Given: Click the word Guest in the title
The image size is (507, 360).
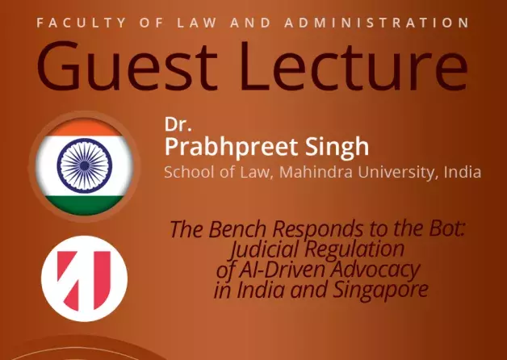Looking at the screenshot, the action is click(127, 65).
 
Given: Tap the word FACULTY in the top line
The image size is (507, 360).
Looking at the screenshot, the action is click(82, 23).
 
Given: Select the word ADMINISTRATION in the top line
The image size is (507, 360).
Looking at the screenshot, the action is click(377, 23).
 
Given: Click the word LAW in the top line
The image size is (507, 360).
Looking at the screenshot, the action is click(197, 23).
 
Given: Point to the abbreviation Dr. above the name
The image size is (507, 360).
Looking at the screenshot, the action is click(178, 124).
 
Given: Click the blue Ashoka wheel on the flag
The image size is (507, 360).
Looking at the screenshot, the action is click(85, 165).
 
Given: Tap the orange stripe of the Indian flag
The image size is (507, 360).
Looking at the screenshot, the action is click(85, 127).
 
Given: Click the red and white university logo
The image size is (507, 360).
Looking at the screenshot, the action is click(85, 278).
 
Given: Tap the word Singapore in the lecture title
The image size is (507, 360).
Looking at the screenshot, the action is click(380, 291).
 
